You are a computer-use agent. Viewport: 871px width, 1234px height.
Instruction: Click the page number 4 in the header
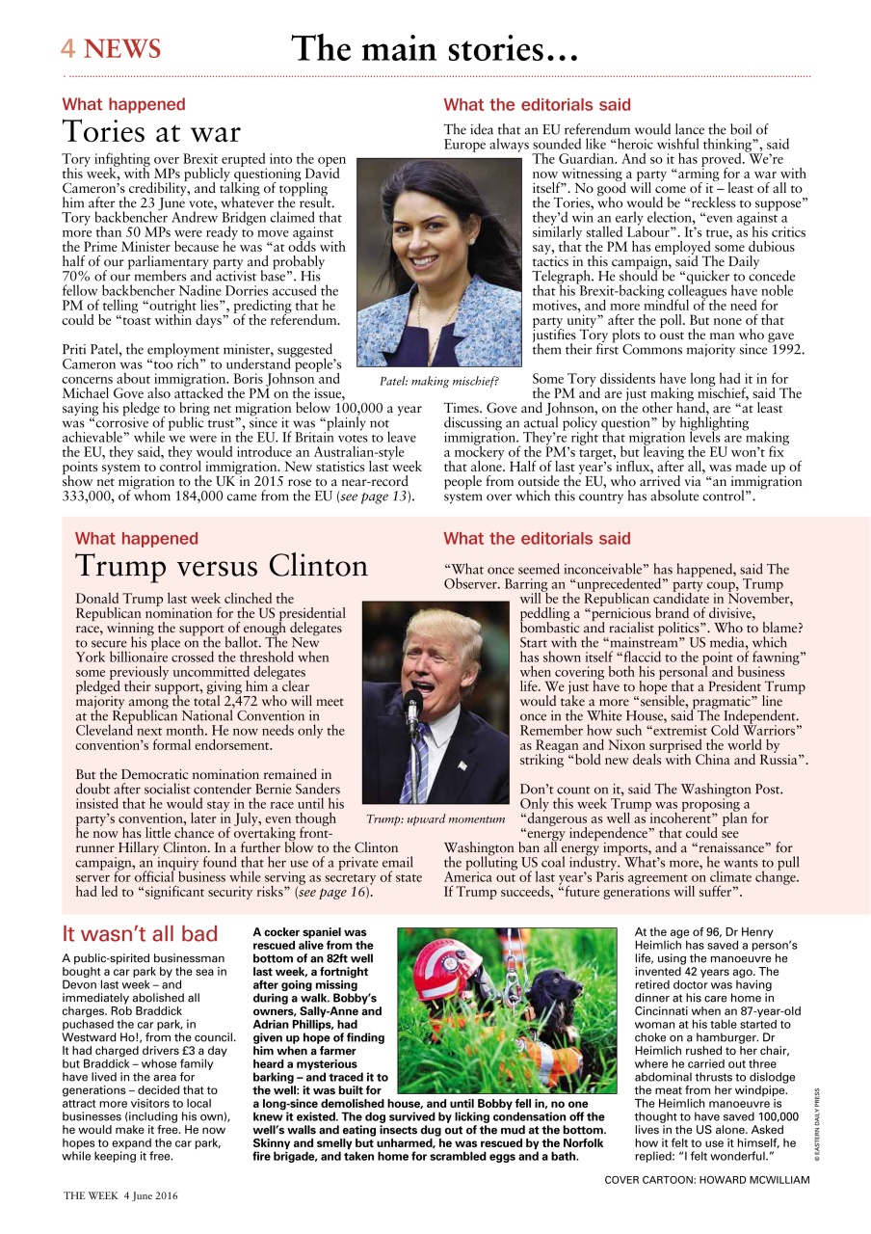(x=68, y=49)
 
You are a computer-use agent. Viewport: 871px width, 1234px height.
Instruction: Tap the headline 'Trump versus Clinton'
(x=221, y=565)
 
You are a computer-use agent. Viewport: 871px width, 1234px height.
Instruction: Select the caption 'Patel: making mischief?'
(x=439, y=382)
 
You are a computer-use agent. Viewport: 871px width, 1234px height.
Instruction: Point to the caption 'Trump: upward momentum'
(x=435, y=819)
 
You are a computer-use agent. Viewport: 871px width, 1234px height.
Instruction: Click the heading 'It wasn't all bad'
(x=140, y=934)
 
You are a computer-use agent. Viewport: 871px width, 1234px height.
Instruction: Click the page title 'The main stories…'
(x=435, y=48)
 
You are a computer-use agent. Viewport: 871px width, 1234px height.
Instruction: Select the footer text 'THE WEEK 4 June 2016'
(x=120, y=1195)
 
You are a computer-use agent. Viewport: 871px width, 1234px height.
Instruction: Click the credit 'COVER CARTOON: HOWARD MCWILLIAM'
(x=707, y=1179)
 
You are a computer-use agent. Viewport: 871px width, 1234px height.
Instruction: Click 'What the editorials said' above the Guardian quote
(x=537, y=104)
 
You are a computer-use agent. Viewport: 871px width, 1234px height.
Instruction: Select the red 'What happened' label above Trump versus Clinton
(x=136, y=539)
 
